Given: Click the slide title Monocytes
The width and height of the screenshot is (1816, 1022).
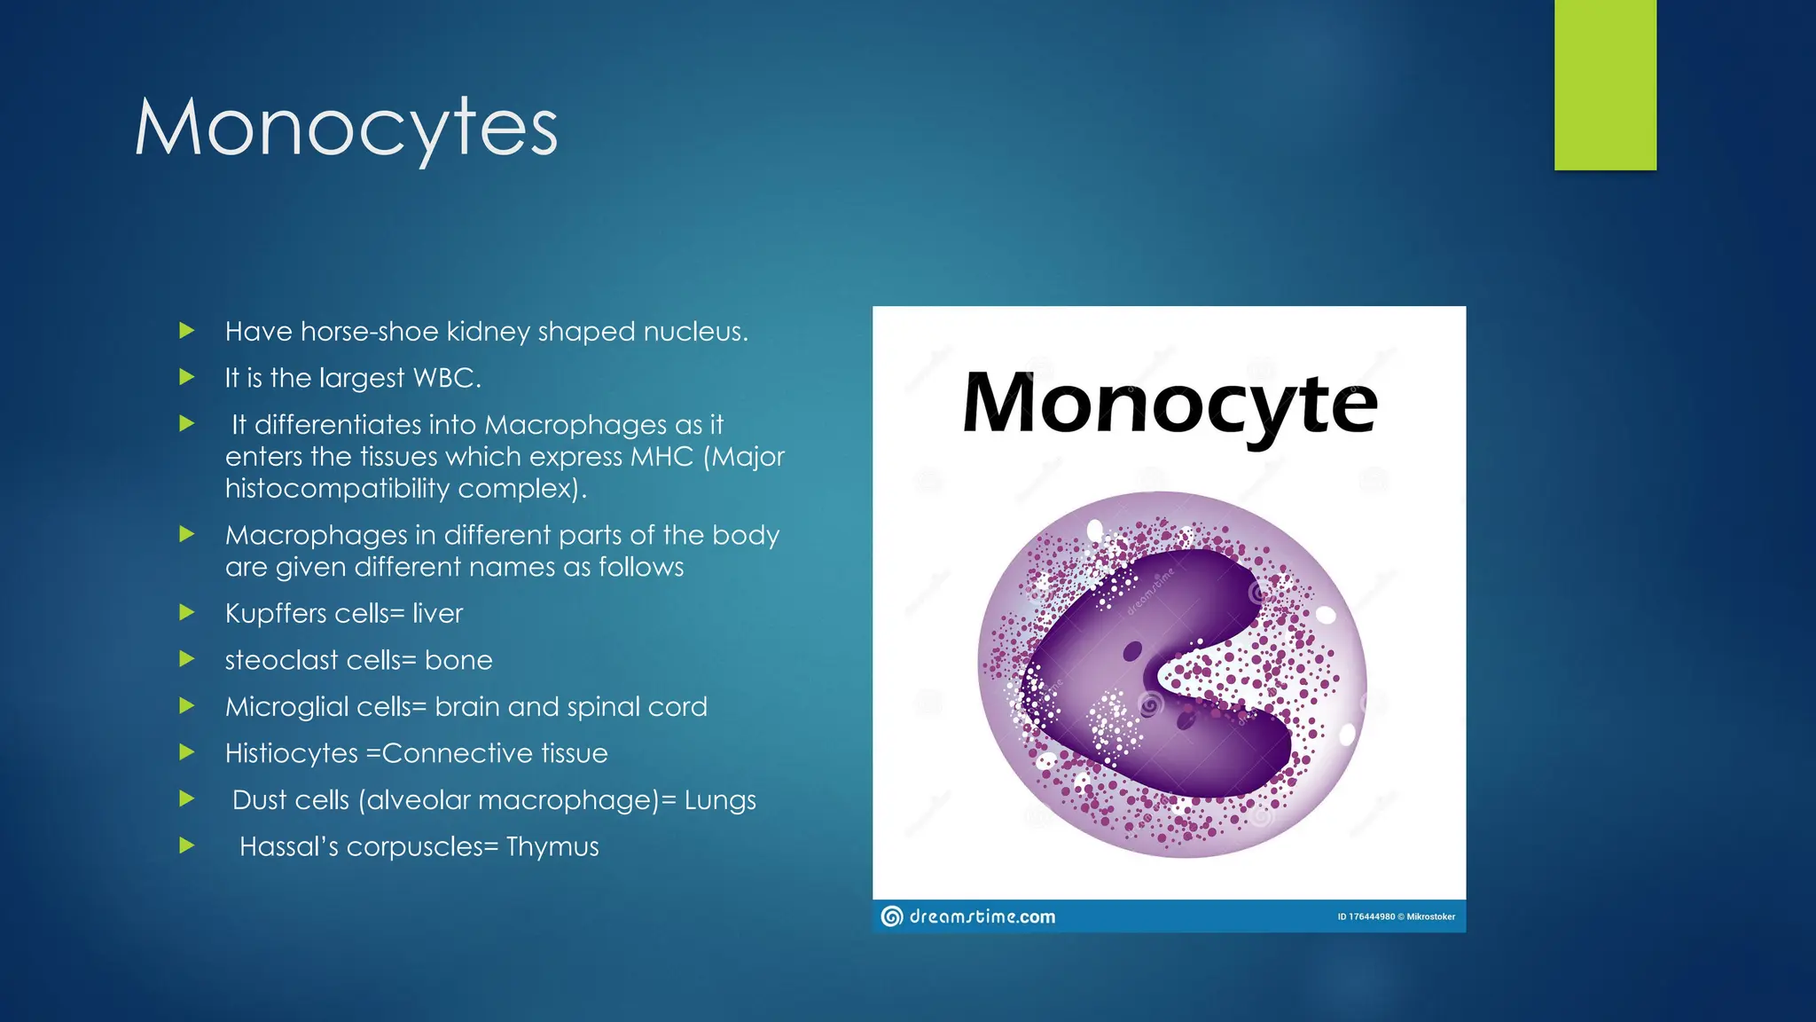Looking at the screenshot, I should tap(346, 129).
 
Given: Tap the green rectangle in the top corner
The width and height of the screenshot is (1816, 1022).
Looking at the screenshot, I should tap(1605, 84).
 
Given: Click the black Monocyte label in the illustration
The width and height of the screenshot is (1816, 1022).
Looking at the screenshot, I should tap(1170, 405).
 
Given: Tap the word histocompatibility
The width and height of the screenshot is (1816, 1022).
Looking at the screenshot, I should tap(337, 489).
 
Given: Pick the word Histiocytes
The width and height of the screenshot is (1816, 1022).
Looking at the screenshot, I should tap(292, 753).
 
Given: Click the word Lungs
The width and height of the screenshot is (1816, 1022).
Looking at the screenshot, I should tap(720, 800).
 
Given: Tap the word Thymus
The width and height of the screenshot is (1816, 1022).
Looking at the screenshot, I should tap(552, 846).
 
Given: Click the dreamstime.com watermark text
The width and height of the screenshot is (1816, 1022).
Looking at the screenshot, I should tap(982, 916).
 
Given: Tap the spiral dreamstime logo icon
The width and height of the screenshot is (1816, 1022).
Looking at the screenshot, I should tap(892, 916).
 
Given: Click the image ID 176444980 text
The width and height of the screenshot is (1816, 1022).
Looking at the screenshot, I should tap(1366, 916).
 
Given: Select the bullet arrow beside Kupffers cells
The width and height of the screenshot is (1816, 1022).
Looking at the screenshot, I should tap(186, 612).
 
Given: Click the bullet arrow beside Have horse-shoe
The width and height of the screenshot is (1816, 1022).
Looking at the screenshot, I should tap(186, 331).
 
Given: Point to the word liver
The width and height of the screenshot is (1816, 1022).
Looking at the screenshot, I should tap(437, 614).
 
